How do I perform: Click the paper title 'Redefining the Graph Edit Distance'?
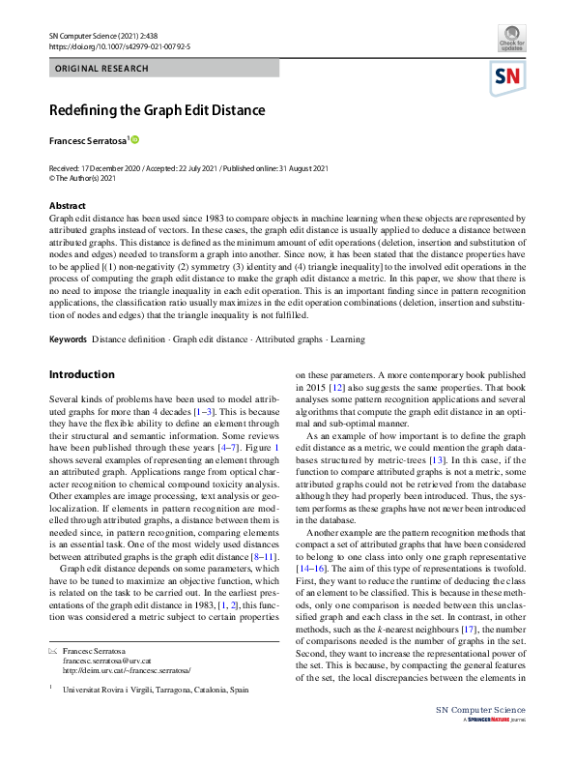click(x=158, y=110)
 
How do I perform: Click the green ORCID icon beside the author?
click(x=135, y=140)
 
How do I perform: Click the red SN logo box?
click(x=509, y=77)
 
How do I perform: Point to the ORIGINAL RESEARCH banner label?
click(x=102, y=69)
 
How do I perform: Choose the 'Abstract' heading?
click(x=67, y=206)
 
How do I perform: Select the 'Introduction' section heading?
click(x=81, y=374)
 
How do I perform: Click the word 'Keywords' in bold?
click(x=68, y=339)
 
